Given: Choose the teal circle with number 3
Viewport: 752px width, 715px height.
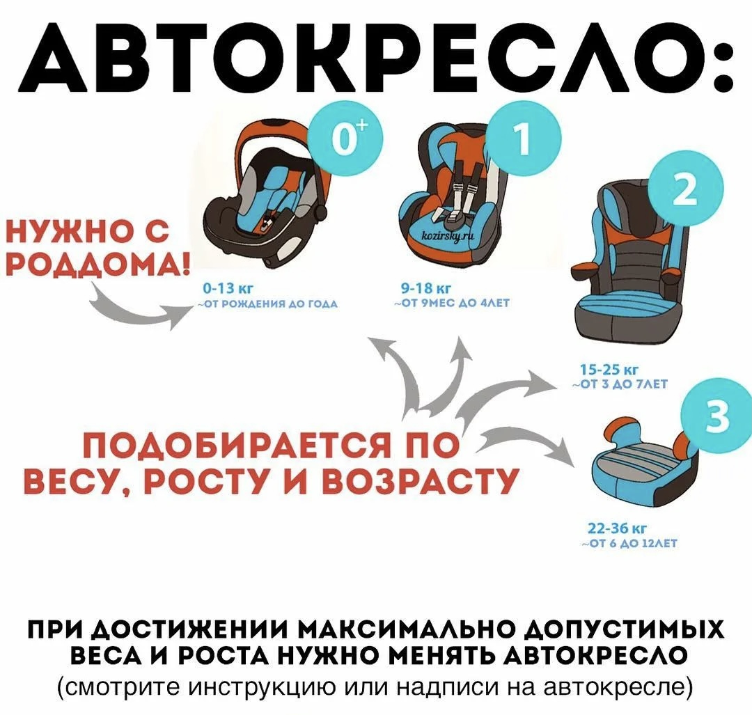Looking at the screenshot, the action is coord(718,416).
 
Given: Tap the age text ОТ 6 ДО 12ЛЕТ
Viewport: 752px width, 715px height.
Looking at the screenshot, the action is coord(629,544).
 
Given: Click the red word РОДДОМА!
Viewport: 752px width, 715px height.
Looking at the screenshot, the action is coord(95,265).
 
